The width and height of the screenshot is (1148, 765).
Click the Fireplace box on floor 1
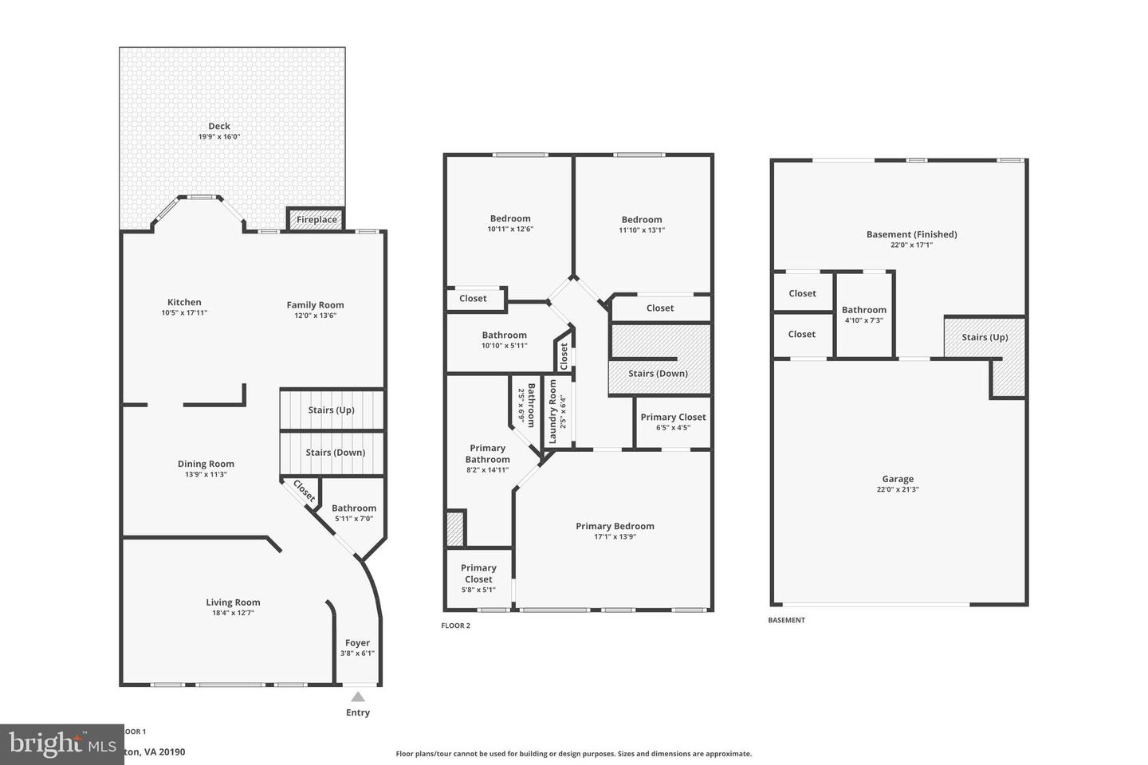pyautogui.click(x=316, y=219)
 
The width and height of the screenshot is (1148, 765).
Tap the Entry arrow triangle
pyautogui.click(x=358, y=697)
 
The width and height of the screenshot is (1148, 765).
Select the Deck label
pyautogui.click(x=219, y=126)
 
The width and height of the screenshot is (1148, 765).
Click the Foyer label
pyautogui.click(x=357, y=643)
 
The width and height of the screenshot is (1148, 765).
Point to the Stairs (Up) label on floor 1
pyautogui.click(x=331, y=410)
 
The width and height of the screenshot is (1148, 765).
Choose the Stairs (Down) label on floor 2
pyautogui.click(x=658, y=374)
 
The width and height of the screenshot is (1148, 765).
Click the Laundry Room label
pyautogui.click(x=553, y=411)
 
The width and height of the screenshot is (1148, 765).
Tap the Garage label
pyautogui.click(x=898, y=479)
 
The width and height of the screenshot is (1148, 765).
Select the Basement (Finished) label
pyautogui.click(x=911, y=234)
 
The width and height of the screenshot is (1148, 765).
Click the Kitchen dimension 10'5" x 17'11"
pyautogui.click(x=184, y=313)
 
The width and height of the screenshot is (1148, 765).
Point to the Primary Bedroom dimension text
pyautogui.click(x=615, y=537)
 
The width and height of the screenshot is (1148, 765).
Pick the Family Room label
pyautogui.click(x=315, y=304)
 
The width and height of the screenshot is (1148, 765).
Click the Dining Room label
pyautogui.click(x=206, y=464)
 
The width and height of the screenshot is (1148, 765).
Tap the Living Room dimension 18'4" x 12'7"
pyautogui.click(x=233, y=613)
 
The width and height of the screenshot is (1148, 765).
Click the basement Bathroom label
pyautogui.click(x=863, y=310)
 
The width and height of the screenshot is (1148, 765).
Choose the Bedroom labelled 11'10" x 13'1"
pyautogui.click(x=642, y=220)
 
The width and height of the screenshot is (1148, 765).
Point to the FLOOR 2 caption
pyautogui.click(x=456, y=626)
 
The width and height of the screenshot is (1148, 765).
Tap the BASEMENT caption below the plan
pyautogui.click(x=786, y=620)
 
